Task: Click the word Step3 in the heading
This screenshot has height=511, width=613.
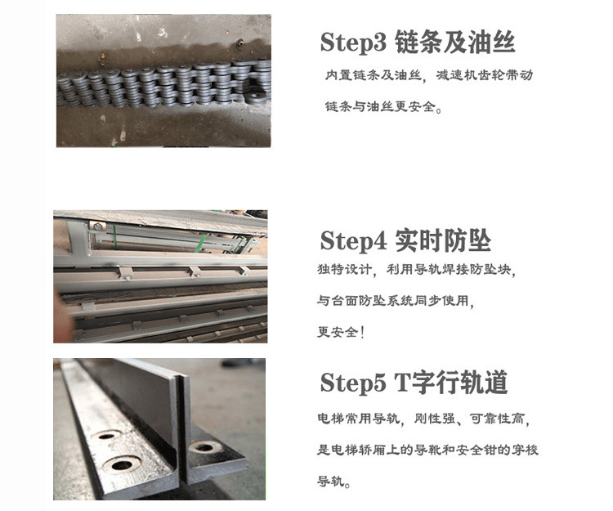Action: [x=353, y=43]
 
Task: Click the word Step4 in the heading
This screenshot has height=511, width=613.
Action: [x=353, y=240]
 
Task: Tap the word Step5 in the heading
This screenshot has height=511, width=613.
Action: [x=353, y=382]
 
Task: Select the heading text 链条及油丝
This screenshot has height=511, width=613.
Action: [x=454, y=42]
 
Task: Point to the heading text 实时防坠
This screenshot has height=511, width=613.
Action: [x=443, y=240]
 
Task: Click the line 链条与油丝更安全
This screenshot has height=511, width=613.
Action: [x=383, y=106]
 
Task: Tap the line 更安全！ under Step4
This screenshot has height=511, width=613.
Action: [x=341, y=332]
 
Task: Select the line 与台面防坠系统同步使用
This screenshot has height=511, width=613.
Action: [x=396, y=301]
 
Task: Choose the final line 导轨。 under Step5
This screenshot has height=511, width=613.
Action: [x=333, y=481]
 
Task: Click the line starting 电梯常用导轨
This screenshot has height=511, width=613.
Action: [x=423, y=419]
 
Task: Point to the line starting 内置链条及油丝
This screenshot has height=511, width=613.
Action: [x=429, y=75]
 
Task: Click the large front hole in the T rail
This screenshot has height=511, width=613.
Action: [x=122, y=464]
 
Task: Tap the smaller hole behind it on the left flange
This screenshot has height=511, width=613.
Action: [x=108, y=435]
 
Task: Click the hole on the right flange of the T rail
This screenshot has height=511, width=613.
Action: [x=204, y=447]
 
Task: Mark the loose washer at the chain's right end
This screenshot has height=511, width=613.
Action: [x=257, y=94]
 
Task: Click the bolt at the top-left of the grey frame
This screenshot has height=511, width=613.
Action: [x=97, y=226]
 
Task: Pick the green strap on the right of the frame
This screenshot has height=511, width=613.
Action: [x=203, y=243]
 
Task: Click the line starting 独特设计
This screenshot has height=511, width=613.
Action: [x=416, y=269]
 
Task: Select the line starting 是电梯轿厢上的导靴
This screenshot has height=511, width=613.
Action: [x=427, y=450]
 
